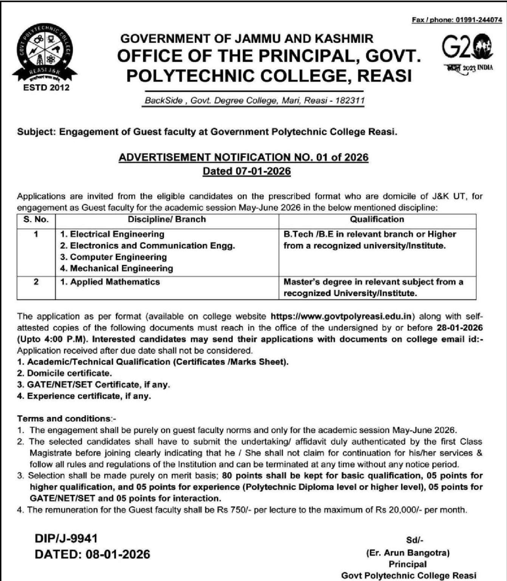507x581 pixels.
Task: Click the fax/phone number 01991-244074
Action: point(478,20)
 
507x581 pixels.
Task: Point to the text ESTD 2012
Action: point(46,88)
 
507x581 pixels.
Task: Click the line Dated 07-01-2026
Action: point(247,171)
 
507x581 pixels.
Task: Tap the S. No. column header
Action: point(36,219)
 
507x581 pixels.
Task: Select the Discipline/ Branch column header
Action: point(167,219)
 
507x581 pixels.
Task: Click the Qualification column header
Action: point(377,219)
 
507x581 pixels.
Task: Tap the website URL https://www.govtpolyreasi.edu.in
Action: point(343,316)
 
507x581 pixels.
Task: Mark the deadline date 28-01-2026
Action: point(460,328)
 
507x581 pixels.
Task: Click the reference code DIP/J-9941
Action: point(66,538)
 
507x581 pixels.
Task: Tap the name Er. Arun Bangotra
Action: point(408,553)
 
